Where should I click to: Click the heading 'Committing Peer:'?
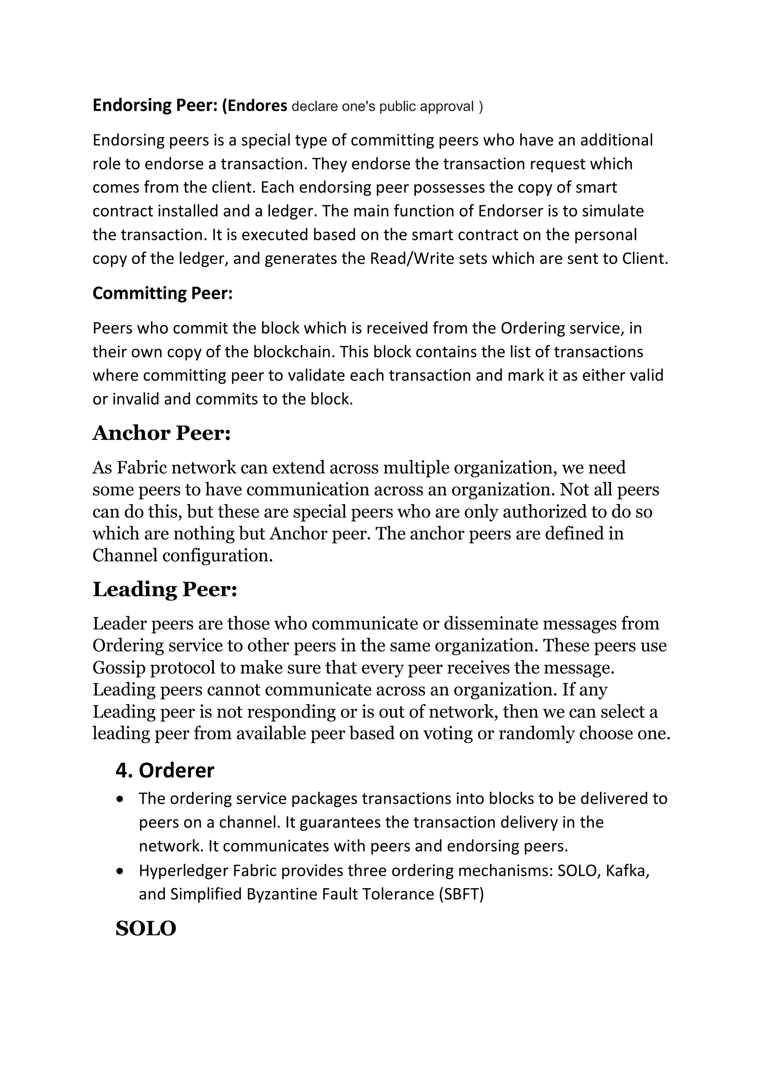click(162, 293)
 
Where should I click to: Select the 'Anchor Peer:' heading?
click(162, 433)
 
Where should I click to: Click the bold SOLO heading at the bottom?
click(145, 928)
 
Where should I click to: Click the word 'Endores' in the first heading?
click(257, 106)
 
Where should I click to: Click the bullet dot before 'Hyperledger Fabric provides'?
click(122, 872)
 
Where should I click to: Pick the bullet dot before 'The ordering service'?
click(122, 799)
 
